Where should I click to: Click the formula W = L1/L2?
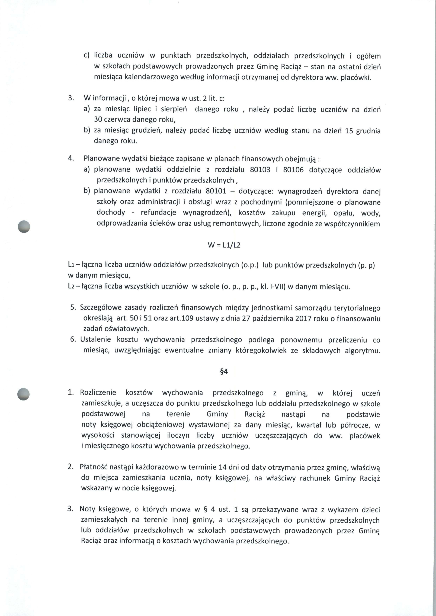(x=224, y=245)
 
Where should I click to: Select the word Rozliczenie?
(x=98, y=393)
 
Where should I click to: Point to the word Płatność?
(x=94, y=467)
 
